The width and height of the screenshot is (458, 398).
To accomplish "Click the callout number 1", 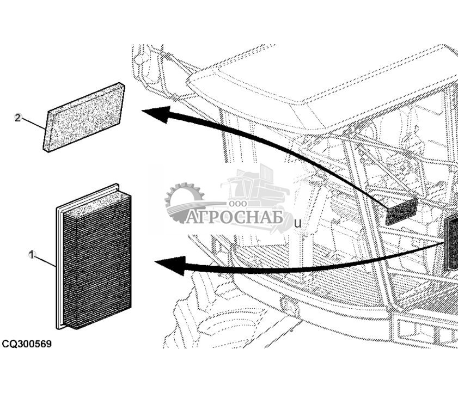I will [x=32, y=254].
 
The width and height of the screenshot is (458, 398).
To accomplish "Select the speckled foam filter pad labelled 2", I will [x=84, y=117].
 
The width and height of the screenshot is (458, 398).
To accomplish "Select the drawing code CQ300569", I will [x=27, y=344].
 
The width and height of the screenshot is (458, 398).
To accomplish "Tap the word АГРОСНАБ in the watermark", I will [x=234, y=218].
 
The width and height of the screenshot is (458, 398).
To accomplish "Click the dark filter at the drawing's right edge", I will [x=451, y=243].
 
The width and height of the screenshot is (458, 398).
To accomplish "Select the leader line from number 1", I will [x=45, y=260].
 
